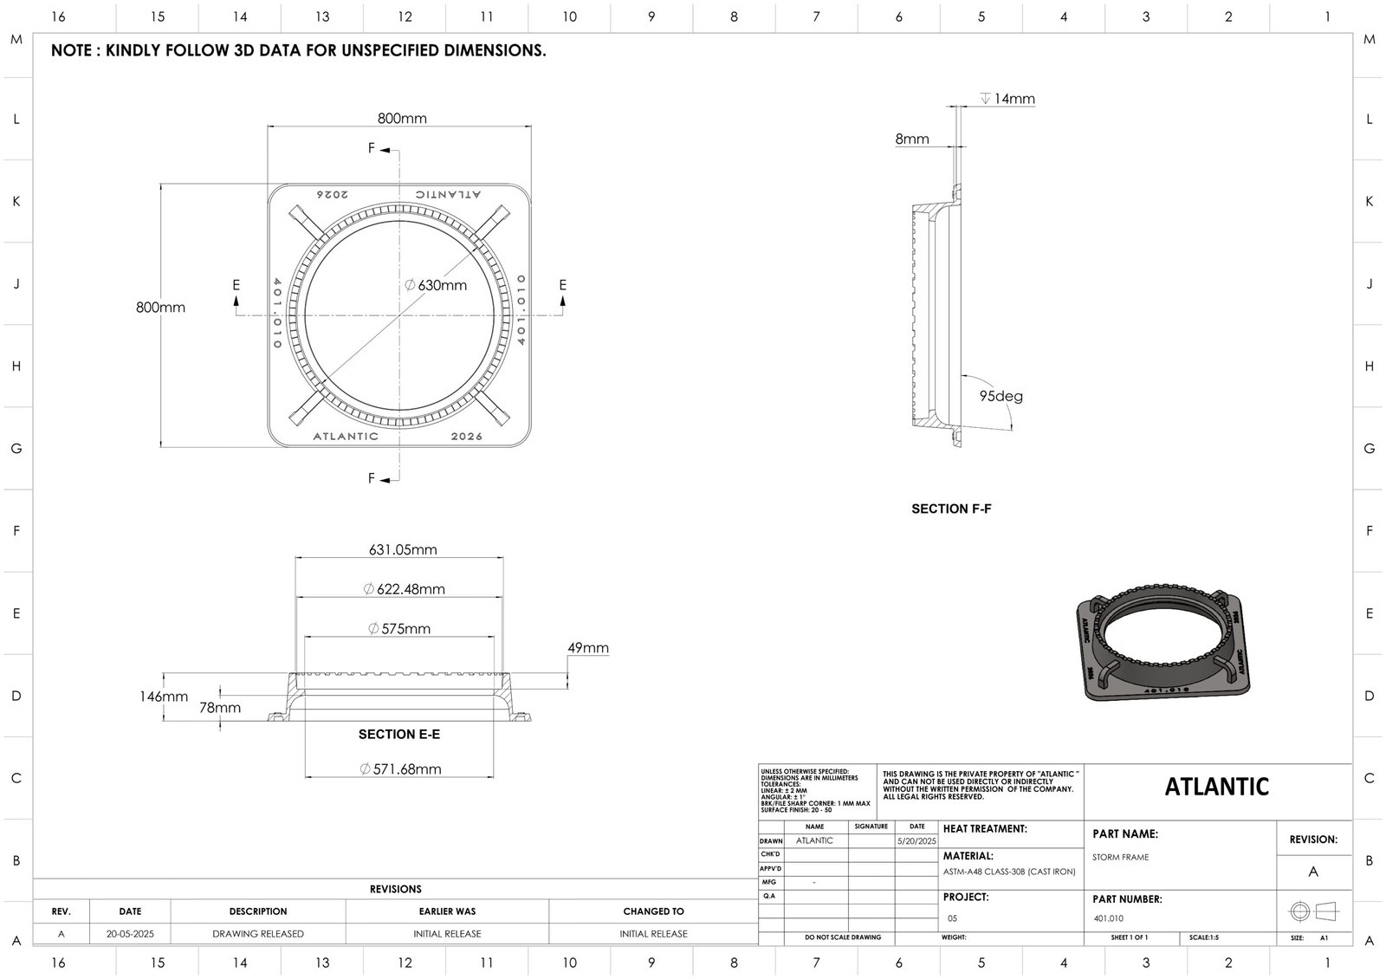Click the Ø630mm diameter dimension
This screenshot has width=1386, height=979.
tap(437, 285)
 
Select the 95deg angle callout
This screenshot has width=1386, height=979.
tap(1001, 396)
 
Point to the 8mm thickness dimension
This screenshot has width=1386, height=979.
tap(911, 139)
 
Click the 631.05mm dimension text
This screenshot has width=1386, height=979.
tap(403, 549)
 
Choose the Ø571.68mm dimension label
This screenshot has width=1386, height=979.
tap(400, 768)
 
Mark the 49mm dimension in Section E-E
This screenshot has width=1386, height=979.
tap(588, 648)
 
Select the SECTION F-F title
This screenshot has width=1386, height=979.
tap(951, 509)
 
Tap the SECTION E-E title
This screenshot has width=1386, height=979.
tap(399, 734)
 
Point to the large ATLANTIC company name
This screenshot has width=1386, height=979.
tap(1216, 787)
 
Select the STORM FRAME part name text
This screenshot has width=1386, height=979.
tap(1120, 857)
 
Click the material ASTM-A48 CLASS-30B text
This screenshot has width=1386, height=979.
tap(1008, 872)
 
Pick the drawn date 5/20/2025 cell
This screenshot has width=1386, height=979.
tap(916, 840)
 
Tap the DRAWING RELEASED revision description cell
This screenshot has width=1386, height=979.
tap(258, 934)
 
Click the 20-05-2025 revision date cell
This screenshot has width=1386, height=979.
tap(130, 934)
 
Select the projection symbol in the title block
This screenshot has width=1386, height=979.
tap(1313, 911)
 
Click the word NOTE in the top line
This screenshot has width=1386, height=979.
tap(72, 50)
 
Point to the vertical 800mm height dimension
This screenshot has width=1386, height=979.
tap(160, 307)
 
